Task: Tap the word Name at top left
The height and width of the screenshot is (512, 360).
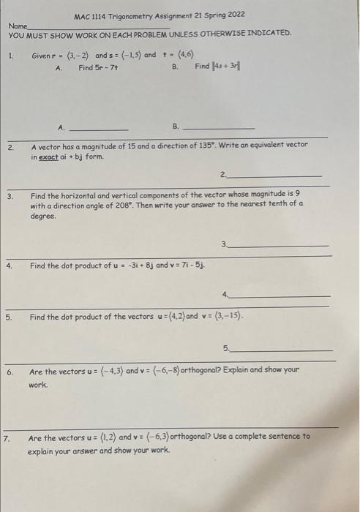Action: (16, 25)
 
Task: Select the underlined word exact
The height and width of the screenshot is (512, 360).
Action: (48, 157)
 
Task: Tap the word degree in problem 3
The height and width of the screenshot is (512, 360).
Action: (43, 217)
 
